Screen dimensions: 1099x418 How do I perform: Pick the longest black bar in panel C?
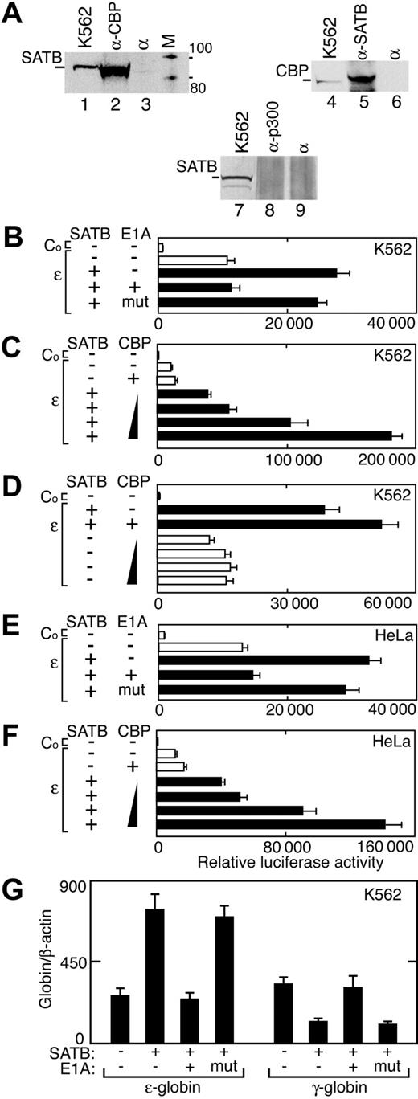click(274, 435)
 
